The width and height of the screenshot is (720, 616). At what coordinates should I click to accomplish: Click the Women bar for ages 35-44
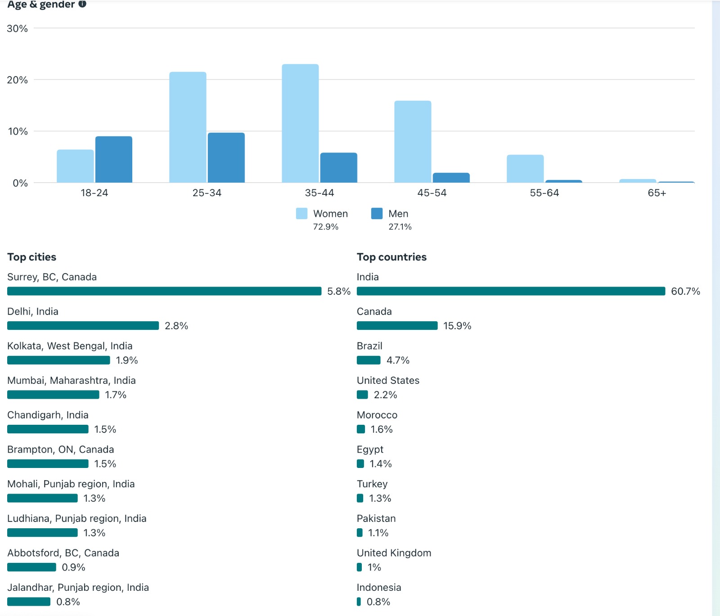click(300, 123)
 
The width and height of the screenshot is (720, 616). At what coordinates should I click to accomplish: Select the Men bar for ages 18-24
click(114, 159)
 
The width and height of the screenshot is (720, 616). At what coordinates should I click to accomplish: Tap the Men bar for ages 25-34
click(226, 157)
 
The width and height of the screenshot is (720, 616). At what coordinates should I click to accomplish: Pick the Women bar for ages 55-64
click(525, 169)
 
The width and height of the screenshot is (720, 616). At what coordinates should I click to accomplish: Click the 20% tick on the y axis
click(17, 80)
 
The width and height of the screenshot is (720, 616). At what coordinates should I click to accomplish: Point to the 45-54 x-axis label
click(432, 193)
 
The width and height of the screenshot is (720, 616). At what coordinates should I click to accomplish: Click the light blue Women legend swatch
click(301, 213)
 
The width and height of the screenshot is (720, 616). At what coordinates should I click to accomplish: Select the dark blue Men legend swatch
click(377, 213)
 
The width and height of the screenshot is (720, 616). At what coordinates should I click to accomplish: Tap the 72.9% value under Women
click(326, 227)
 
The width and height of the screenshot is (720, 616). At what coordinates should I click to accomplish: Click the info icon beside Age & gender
click(82, 4)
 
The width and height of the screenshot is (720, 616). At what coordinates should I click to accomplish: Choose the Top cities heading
click(31, 257)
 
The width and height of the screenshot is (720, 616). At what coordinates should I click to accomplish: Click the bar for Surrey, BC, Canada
click(164, 291)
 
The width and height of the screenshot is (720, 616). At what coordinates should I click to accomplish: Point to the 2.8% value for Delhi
click(176, 326)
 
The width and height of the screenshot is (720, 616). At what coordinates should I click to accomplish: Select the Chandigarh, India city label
click(48, 415)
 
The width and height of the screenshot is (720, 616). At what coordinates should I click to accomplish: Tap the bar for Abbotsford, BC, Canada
click(31, 567)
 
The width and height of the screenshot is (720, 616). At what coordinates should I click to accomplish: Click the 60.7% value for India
click(685, 291)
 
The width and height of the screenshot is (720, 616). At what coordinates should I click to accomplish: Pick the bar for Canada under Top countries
click(397, 326)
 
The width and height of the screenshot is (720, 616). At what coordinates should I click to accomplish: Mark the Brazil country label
click(369, 346)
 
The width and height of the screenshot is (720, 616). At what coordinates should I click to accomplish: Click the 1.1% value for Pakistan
click(378, 533)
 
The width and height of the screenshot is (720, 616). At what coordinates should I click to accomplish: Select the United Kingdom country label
click(394, 553)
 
